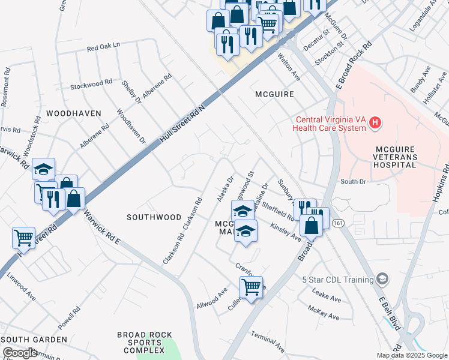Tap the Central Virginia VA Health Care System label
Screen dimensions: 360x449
[x=330, y=123]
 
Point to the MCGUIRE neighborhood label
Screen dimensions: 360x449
[x=274, y=94]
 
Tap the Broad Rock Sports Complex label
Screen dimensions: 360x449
[x=145, y=343]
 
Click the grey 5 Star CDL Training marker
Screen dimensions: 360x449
[x=382, y=279]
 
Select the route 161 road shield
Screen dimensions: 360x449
[x=338, y=223]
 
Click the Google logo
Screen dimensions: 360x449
[x=19, y=353]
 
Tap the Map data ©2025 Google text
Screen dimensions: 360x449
[x=412, y=355]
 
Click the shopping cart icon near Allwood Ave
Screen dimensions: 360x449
[x=251, y=286]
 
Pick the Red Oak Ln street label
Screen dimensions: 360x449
[x=103, y=46]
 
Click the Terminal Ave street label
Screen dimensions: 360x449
[x=268, y=341]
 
